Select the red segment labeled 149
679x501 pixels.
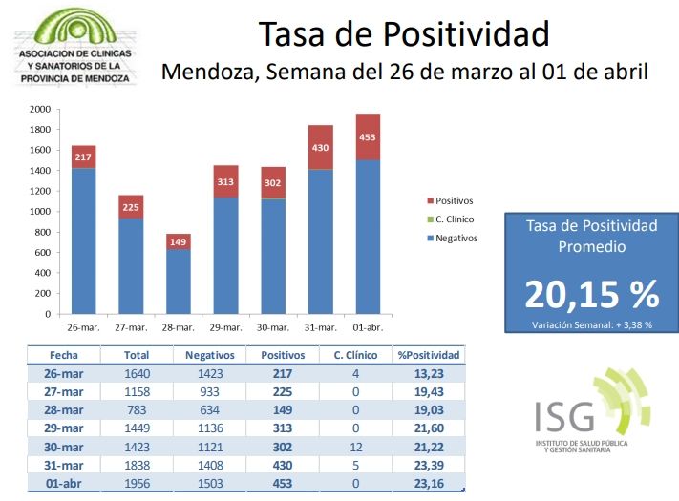179,241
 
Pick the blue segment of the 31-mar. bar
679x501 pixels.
320,241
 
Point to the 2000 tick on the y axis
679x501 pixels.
39,109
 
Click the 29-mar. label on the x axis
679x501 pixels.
225,326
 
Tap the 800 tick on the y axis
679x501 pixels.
42,232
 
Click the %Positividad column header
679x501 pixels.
429,355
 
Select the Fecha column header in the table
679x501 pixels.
65,355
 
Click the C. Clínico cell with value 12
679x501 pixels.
355,447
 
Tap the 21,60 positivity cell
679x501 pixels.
429,428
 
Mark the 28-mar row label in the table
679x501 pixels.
65,409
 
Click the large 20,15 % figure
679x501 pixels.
591,295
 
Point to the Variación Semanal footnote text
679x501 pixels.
592,324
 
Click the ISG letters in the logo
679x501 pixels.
563,417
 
